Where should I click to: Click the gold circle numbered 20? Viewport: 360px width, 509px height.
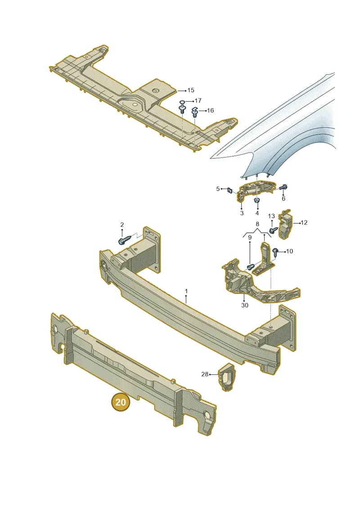point(121,402)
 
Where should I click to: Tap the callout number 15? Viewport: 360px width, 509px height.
point(191,90)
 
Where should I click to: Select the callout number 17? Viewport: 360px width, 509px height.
point(198,101)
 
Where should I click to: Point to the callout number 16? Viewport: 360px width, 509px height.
point(210,110)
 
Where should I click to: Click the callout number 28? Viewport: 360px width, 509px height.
point(205,374)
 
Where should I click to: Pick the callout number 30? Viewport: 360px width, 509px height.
point(245,305)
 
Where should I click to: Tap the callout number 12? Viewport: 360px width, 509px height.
point(304,223)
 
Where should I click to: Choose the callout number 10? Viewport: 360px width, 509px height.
point(289,251)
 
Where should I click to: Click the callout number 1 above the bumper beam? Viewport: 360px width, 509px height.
point(186,291)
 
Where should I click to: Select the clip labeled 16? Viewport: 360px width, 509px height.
point(195,112)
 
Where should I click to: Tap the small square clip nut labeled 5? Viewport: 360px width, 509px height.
point(229,190)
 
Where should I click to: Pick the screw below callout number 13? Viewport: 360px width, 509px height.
point(273,230)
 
